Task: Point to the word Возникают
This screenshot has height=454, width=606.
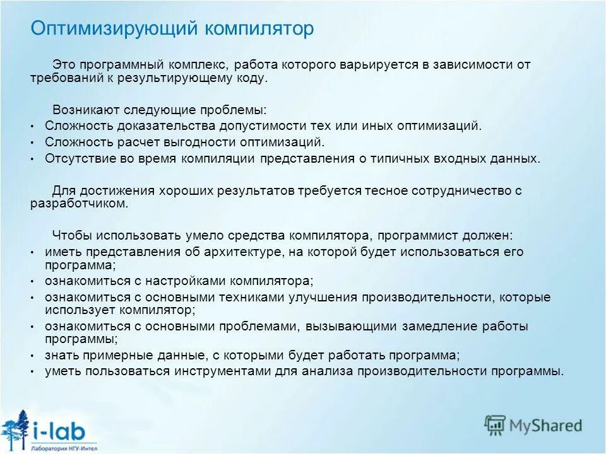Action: [81, 110]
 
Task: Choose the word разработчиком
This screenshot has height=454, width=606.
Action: [79, 204]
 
